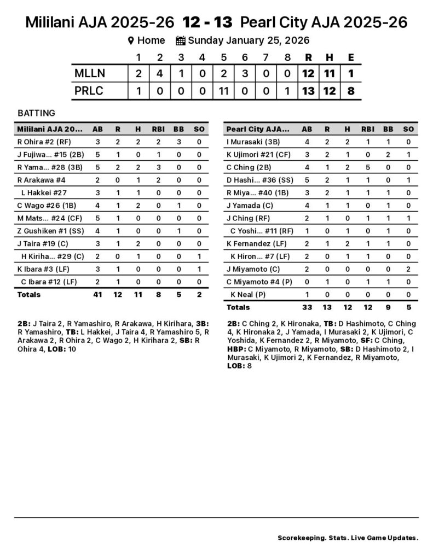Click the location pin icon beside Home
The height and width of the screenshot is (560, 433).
click(131, 40)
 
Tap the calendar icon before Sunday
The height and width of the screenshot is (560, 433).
click(181, 40)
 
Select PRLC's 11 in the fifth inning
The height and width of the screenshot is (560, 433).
click(223, 91)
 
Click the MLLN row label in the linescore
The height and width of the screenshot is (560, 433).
click(90, 73)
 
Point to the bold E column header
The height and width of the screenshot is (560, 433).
click(350, 57)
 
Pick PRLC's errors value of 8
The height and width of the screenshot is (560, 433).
click(350, 91)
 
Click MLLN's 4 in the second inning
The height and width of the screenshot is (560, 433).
click(160, 73)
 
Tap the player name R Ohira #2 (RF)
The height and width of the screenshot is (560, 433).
click(41, 142)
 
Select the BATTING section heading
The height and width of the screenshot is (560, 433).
click(36, 113)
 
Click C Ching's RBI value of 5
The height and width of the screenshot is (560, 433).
click(367, 167)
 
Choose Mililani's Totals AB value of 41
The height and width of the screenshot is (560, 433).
click(97, 294)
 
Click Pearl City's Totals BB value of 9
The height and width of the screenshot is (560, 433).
click(388, 307)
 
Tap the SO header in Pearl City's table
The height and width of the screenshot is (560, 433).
click(408, 129)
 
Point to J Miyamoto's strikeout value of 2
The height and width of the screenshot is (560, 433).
click(408, 269)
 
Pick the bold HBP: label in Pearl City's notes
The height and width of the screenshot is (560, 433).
click(236, 348)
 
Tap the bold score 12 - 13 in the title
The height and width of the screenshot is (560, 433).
click(207, 22)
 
